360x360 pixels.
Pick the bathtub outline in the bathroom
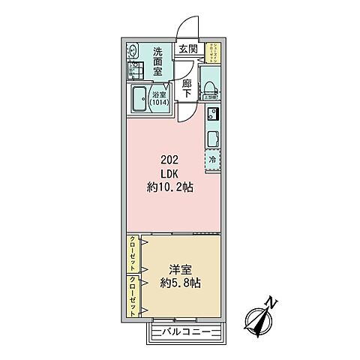coord(141,99)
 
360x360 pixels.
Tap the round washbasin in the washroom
coord(133,52)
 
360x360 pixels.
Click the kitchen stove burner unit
coord(211,115)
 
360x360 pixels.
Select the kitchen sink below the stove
coord(211,138)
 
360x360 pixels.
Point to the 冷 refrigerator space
coord(211,160)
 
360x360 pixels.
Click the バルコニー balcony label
coord(187,331)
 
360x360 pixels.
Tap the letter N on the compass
coord(274,303)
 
